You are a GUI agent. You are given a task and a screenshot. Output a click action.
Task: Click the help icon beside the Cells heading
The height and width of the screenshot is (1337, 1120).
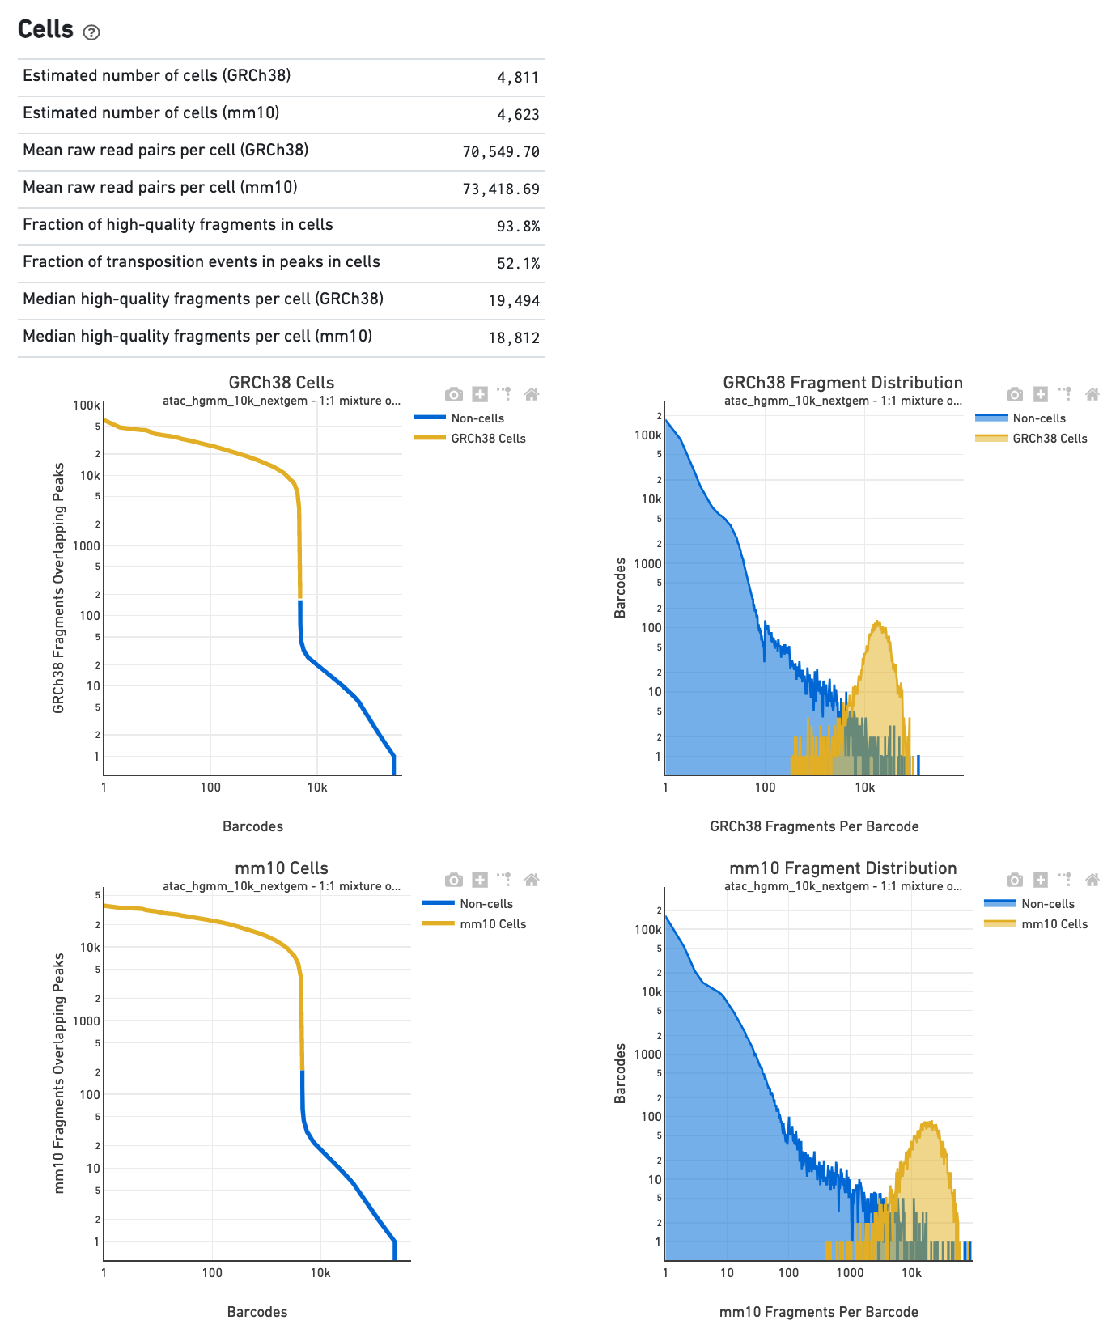click(91, 32)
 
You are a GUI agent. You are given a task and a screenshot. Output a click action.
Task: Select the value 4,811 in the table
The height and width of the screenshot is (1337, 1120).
click(518, 78)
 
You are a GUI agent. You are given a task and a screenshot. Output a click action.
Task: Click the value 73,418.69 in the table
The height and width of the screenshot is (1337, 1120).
click(501, 189)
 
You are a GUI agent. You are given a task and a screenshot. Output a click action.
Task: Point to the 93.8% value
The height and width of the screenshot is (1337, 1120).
click(519, 227)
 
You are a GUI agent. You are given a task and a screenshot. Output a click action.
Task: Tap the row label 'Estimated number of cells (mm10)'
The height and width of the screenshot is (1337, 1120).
click(151, 113)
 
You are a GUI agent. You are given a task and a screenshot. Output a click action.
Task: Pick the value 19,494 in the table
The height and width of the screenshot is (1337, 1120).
click(514, 301)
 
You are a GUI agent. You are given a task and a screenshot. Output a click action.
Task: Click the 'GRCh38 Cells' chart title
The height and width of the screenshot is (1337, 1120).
click(281, 383)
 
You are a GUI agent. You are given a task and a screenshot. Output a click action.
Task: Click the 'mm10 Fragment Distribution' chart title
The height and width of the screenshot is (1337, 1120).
click(842, 868)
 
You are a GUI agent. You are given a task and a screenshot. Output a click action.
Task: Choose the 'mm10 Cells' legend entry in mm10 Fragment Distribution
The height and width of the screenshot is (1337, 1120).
click(1054, 924)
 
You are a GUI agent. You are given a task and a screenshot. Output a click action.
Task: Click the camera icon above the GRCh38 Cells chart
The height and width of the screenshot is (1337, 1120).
click(454, 394)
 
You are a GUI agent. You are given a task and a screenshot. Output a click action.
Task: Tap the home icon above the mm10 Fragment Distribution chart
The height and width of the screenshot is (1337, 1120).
click(1092, 880)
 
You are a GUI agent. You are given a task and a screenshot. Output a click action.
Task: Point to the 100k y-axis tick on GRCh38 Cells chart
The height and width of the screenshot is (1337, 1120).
click(87, 405)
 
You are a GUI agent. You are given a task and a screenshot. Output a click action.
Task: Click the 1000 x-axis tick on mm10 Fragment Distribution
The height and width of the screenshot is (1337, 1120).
click(850, 1273)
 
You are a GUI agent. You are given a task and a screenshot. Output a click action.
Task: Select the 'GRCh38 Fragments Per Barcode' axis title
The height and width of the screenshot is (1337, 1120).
click(814, 826)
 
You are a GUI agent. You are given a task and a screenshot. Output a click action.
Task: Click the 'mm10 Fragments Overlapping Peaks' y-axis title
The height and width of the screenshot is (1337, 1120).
click(59, 1072)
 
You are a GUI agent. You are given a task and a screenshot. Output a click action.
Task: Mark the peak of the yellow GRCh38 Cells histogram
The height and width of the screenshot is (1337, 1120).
click(878, 622)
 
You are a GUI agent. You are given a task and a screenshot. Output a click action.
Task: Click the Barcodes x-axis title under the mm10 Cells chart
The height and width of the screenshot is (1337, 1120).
click(257, 1312)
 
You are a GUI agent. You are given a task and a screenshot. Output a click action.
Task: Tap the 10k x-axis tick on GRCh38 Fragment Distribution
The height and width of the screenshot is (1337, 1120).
click(864, 787)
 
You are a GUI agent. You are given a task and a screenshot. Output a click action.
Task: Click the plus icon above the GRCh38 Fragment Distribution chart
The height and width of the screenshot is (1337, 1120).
click(1041, 394)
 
